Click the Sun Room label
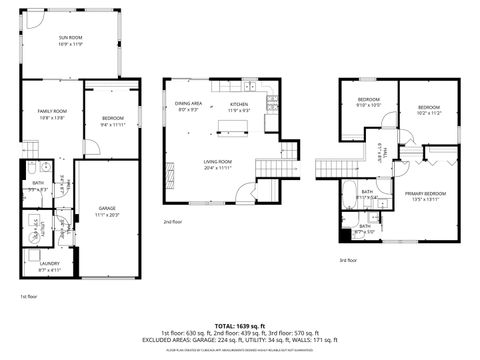coord(70,40)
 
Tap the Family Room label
coord(52,113)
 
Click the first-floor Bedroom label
coord(112,122)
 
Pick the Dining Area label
coord(189,105)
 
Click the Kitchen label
coord(240,105)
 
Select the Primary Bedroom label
coord(426,196)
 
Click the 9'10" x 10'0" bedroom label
coord(369,103)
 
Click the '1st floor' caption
coord(29,297)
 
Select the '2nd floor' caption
coord(173,222)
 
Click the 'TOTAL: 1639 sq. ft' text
coord(239,325)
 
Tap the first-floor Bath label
coord(38,185)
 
